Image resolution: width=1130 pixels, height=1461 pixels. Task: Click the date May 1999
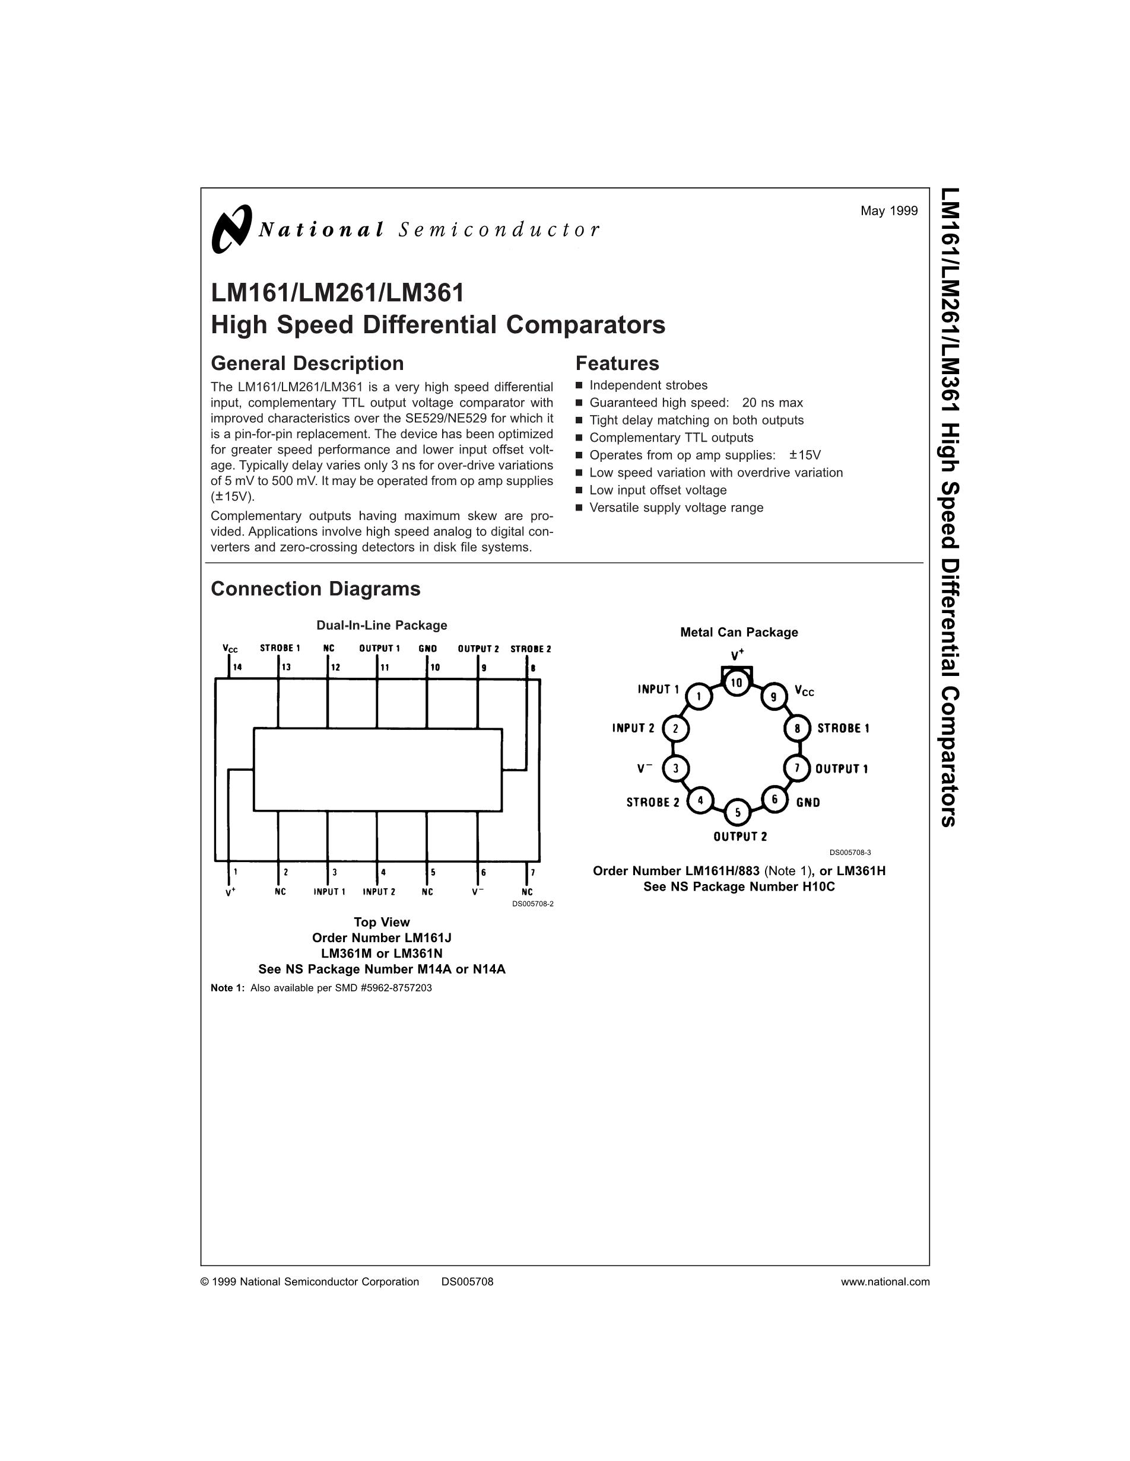pos(889,210)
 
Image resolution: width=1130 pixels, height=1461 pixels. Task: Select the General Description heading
pos(307,363)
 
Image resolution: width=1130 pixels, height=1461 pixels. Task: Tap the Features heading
pos(617,363)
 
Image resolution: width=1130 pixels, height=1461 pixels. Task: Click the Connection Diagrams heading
pos(315,589)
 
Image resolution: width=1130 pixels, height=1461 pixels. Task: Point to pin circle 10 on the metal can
pos(737,682)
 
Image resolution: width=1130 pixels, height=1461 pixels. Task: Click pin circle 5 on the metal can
pos(738,812)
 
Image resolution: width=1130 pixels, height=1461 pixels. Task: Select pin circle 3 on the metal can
pos(675,768)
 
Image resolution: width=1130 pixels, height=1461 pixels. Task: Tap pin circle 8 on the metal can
pos(797,728)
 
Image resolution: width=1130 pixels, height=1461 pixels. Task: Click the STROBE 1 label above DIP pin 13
pos(280,648)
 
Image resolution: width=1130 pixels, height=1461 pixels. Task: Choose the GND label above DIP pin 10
pos(428,648)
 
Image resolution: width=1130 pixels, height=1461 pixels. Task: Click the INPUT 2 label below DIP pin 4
pos(379,892)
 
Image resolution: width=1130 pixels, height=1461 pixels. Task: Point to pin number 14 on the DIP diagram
pos(237,667)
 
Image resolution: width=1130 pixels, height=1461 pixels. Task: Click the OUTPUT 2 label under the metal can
pos(739,836)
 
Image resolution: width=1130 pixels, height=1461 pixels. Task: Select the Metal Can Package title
pos(739,632)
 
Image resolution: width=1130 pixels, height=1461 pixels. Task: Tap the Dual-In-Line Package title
pos(382,626)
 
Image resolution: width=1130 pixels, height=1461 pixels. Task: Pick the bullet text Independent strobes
pos(648,385)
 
